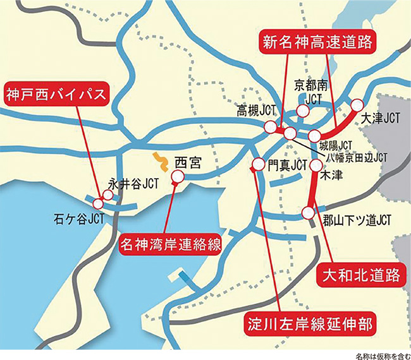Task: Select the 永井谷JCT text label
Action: tap(133, 184)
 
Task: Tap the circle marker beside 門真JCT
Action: tap(258, 165)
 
